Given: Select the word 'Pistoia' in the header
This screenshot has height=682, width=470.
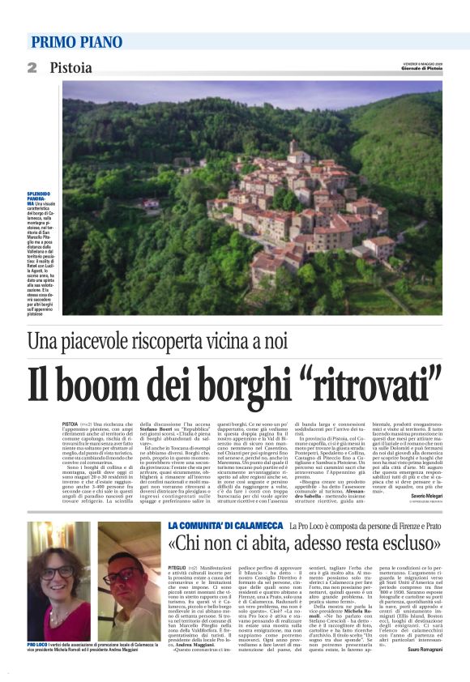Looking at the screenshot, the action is pyautogui.click(x=71, y=67).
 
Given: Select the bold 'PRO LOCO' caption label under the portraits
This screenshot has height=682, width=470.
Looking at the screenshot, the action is pyautogui.click(x=37, y=644).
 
